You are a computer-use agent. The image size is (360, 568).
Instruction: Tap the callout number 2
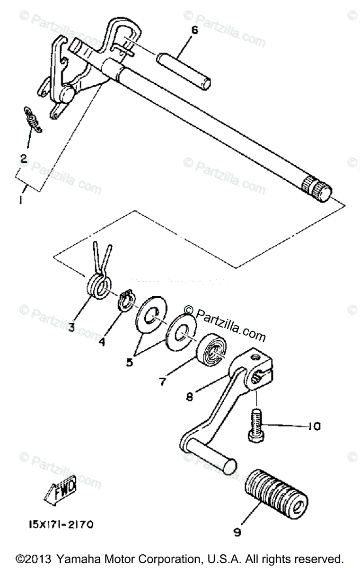coord(23,158)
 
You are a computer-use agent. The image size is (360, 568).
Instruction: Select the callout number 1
coord(21,200)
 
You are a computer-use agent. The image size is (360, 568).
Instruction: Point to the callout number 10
coord(313,426)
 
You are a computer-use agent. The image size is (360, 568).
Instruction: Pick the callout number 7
coord(162,381)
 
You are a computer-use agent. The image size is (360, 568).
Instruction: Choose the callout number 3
coord(71,327)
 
